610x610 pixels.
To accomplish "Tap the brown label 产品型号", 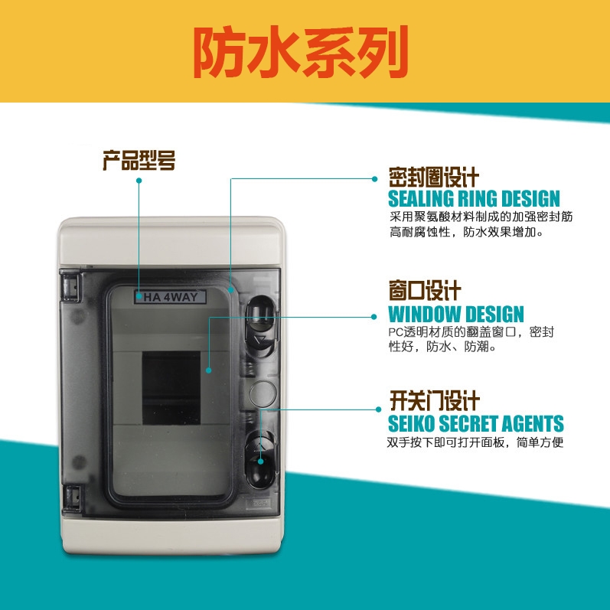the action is point(139,161).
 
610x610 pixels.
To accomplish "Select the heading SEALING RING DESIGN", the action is point(474,199).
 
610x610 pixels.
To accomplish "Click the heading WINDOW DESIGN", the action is point(456,314).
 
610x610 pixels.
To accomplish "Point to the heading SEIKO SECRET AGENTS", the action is point(476,423).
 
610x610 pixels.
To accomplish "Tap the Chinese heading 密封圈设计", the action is point(433,178).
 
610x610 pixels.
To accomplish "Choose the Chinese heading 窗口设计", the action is point(425,291).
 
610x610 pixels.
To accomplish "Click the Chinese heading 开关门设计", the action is point(434,401).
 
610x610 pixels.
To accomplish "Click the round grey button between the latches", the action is point(262,393).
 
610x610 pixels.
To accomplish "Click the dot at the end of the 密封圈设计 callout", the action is point(375,179).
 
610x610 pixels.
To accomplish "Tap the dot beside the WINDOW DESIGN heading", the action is point(374,315).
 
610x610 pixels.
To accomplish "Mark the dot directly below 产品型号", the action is point(139,181).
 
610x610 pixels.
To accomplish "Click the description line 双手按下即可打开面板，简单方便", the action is point(475,443).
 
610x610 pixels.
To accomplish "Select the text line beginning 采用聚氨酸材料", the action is point(481,217).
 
